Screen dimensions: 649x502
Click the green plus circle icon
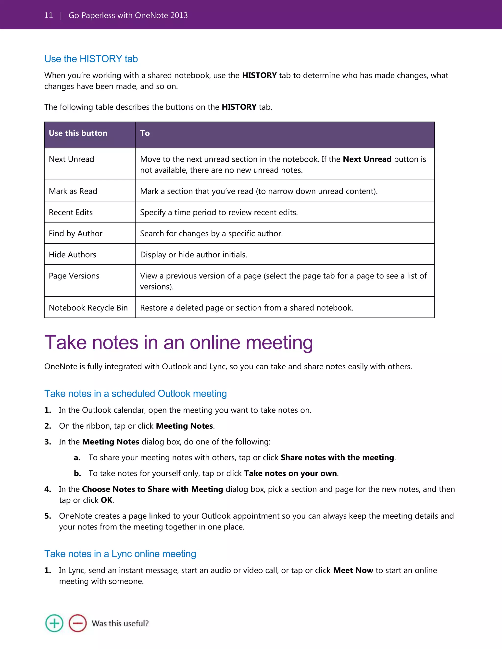(x=54, y=623)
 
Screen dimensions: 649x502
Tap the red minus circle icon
(x=78, y=623)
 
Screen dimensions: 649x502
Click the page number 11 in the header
(x=49, y=15)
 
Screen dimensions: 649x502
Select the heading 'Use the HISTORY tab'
(x=91, y=59)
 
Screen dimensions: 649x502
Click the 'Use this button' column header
(x=78, y=133)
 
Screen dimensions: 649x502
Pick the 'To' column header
(x=145, y=133)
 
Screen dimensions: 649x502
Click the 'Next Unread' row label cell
(x=71, y=159)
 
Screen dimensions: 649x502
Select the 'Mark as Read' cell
(x=73, y=191)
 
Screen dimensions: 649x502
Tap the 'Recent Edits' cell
(x=71, y=212)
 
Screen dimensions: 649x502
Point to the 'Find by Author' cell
(x=75, y=234)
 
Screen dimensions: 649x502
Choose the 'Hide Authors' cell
(x=72, y=255)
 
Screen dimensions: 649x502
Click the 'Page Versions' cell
(x=74, y=276)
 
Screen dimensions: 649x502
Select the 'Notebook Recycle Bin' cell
(x=88, y=308)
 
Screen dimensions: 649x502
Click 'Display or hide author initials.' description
(x=194, y=255)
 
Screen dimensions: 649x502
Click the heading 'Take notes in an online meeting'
(x=178, y=343)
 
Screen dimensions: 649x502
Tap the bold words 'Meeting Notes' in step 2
(x=184, y=426)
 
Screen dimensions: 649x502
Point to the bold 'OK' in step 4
(x=106, y=500)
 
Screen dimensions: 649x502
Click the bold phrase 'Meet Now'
(x=353, y=570)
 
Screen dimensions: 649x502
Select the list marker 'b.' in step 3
(x=77, y=473)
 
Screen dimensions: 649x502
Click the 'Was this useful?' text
(x=120, y=623)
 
